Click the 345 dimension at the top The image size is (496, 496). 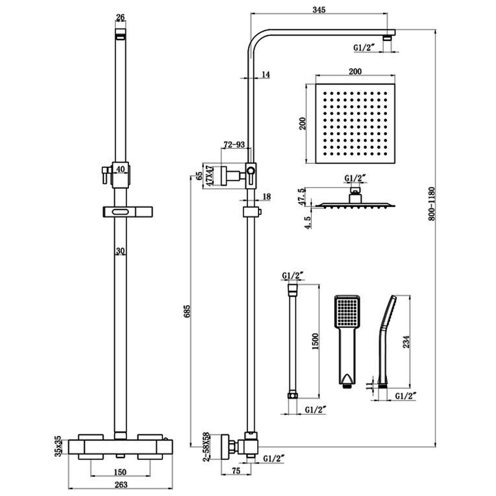pos(319,9)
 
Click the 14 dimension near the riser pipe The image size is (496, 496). pos(265,75)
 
